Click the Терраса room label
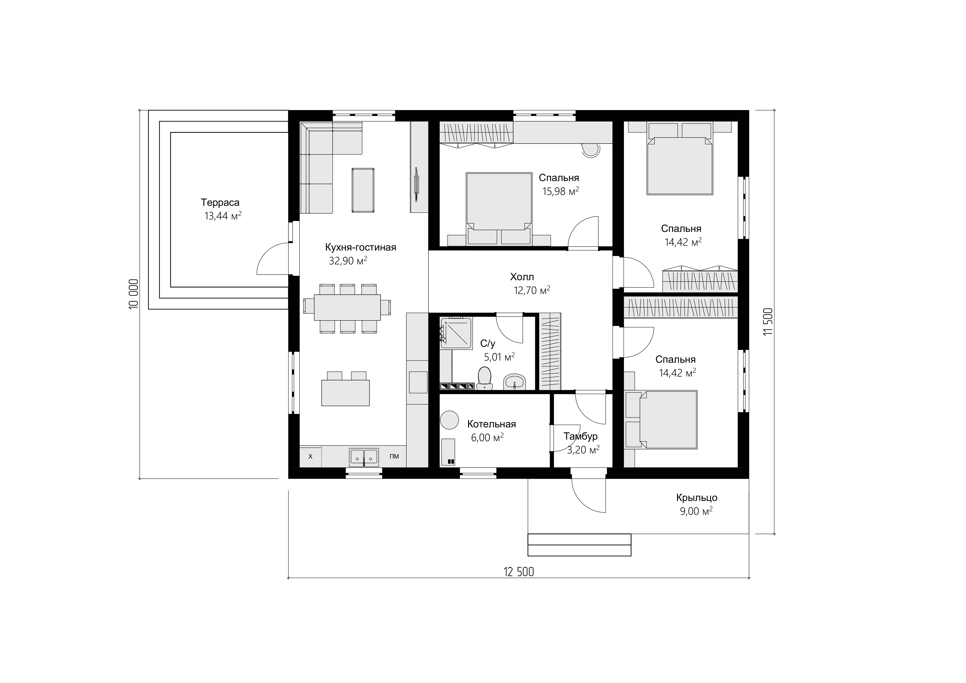[x=220, y=202]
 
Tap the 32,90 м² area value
[x=348, y=261]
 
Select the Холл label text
[x=522, y=277]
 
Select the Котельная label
[x=491, y=424]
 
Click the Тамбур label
[x=581, y=436]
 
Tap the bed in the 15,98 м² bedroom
[x=499, y=209]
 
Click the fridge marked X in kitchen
[x=311, y=456]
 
